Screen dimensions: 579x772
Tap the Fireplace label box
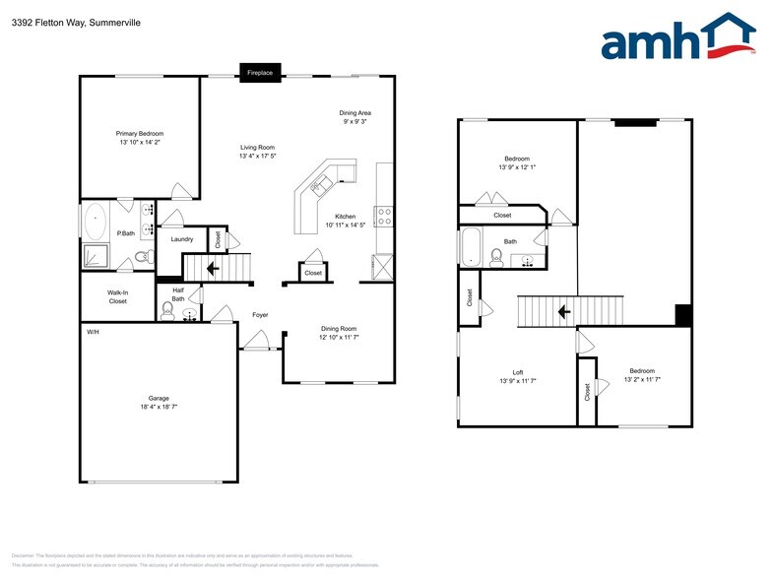(261, 73)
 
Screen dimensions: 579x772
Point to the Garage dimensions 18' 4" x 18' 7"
(159, 406)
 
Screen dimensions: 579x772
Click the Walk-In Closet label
(117, 296)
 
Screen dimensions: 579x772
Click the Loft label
(517, 371)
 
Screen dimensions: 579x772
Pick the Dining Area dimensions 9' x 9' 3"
(354, 122)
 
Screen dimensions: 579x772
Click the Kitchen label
(345, 216)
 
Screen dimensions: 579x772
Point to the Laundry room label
(182, 239)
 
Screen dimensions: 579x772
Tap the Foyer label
(260, 315)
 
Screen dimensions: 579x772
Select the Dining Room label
(339, 329)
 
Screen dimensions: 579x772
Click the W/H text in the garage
(93, 332)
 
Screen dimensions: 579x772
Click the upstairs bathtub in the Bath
(472, 247)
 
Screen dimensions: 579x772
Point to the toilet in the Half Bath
(167, 310)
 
